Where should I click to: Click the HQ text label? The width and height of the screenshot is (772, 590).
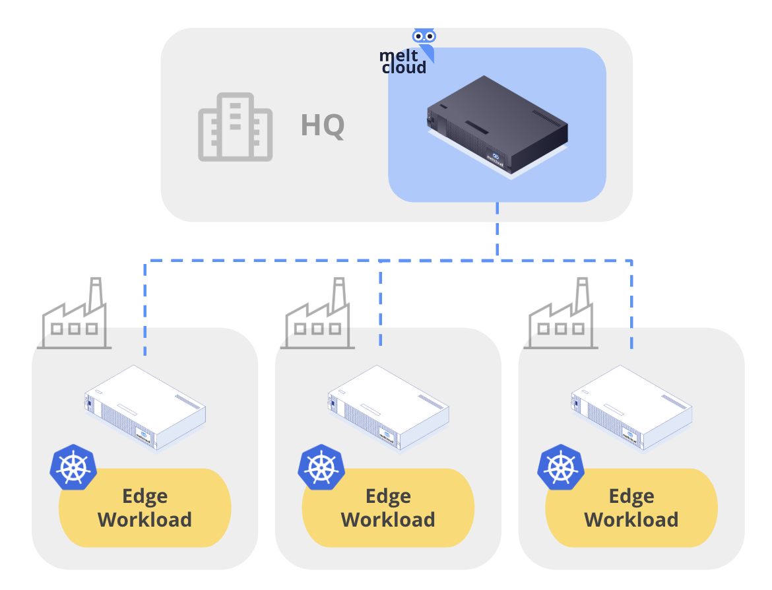point(323,126)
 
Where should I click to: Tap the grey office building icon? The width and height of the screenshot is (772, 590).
point(235,127)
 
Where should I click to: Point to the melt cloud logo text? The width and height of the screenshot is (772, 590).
point(402,61)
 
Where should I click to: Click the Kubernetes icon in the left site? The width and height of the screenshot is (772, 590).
point(73,467)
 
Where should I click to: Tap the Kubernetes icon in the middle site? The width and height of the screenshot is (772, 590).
point(321,467)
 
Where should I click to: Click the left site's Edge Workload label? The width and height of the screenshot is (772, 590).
point(145,508)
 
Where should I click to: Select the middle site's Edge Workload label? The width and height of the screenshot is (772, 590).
point(388,508)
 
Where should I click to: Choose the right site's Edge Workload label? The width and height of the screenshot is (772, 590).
point(631,508)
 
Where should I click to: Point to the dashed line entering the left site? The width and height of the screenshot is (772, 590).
point(145,310)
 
